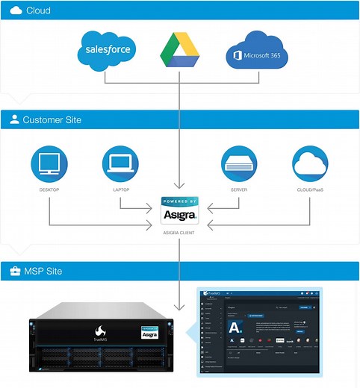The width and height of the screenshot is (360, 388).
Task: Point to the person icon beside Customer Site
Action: tap(14, 119)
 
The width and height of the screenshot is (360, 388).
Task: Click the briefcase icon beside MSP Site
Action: tap(14, 271)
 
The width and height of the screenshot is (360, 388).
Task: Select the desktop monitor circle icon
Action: tap(49, 164)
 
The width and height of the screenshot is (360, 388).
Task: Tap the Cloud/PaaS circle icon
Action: tap(311, 164)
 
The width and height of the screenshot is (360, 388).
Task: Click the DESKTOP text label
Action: tap(49, 190)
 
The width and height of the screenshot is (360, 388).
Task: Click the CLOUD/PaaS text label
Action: tap(311, 190)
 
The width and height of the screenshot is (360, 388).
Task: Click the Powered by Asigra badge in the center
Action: tap(180, 210)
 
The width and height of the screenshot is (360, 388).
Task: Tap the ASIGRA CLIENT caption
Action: tap(180, 232)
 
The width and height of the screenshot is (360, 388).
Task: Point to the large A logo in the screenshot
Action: tap(235, 328)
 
